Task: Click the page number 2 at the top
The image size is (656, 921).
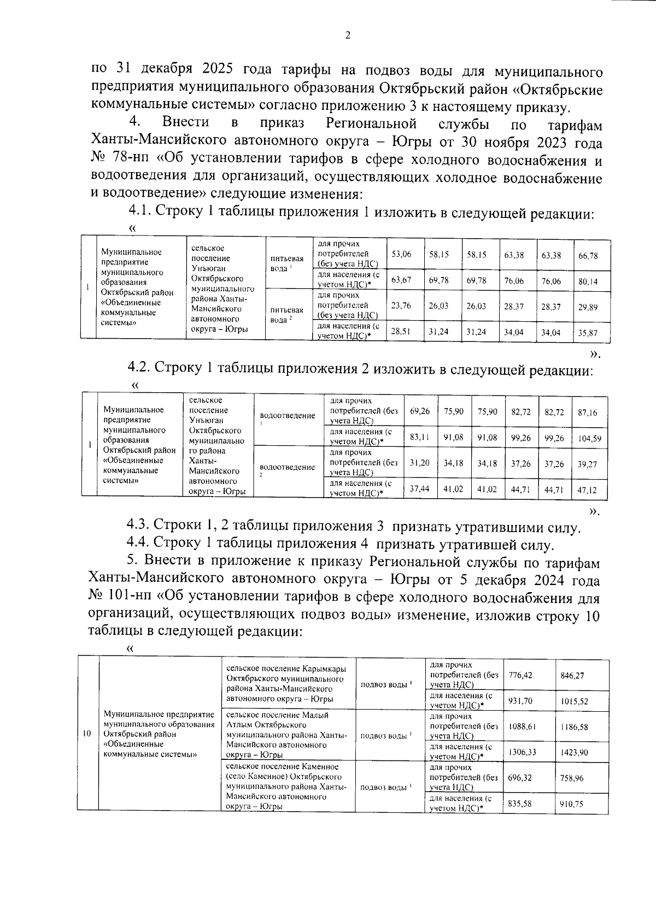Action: tap(348, 37)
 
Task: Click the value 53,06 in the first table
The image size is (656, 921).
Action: tap(402, 255)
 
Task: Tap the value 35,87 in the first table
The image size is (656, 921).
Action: tap(588, 332)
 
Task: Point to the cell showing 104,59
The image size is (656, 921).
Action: tap(589, 438)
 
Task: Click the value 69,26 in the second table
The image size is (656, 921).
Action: tap(419, 411)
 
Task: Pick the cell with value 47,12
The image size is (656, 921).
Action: tap(588, 489)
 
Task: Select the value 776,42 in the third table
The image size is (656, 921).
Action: tap(520, 675)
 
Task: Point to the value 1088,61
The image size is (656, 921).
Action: tap(522, 727)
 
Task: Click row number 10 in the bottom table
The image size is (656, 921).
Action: tap(87, 734)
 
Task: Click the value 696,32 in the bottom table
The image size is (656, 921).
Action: tap(520, 778)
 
